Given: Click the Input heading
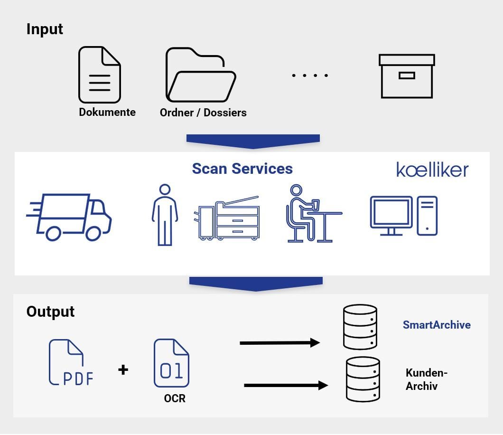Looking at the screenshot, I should (45, 29).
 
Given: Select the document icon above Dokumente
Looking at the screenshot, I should (99, 75).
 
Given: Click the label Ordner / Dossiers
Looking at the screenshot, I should (203, 113).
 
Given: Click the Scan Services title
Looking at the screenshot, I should (242, 169).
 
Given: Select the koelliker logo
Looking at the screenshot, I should (432, 170).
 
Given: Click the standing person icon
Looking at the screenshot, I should (165, 215).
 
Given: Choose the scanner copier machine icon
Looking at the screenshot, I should (227, 218).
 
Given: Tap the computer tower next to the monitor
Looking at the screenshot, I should (427, 216).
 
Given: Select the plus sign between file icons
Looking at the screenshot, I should (123, 369).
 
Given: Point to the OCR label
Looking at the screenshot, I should (175, 398).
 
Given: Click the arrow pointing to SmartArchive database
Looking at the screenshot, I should (279, 342).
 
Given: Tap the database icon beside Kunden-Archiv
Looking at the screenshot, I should (363, 379).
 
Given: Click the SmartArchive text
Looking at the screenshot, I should (437, 325).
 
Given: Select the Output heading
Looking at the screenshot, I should (50, 312).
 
